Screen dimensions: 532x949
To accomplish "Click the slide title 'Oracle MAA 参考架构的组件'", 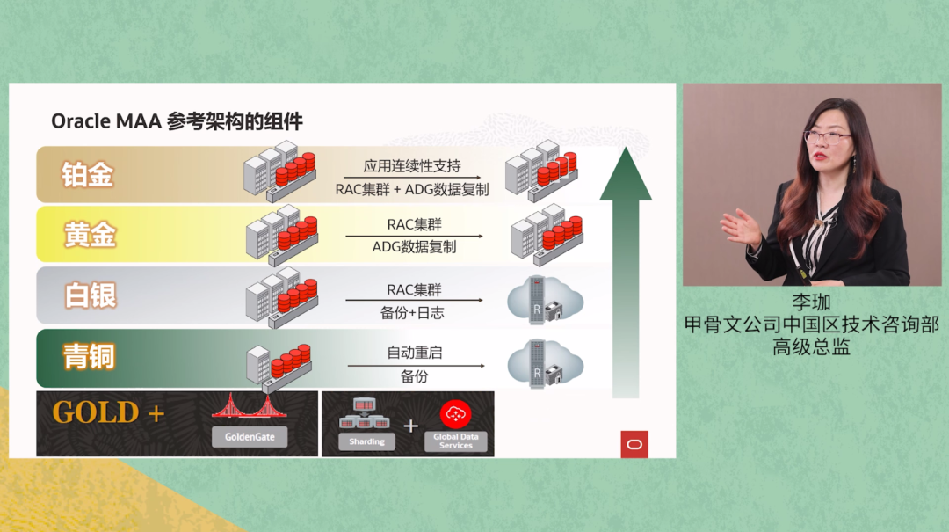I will (x=177, y=121).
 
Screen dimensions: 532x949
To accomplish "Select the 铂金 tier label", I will (x=88, y=174).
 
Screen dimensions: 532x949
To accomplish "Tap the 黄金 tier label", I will (x=90, y=235).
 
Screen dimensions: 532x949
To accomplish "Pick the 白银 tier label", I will (x=90, y=295).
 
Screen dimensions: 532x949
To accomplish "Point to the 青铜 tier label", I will (x=89, y=357).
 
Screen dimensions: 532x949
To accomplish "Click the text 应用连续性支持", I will (x=412, y=166).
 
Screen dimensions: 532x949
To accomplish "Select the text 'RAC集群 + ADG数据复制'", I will (x=412, y=188).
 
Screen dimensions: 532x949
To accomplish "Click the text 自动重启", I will (x=414, y=353).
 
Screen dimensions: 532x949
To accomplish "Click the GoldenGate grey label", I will (x=250, y=436).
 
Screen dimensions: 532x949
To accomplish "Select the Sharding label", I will (x=366, y=441).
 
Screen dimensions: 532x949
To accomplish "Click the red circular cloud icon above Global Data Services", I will (x=455, y=413).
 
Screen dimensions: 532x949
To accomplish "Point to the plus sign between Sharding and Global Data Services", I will (x=409, y=426).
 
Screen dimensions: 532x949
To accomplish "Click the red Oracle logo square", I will (x=634, y=445).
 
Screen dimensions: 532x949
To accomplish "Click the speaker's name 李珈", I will (x=811, y=302).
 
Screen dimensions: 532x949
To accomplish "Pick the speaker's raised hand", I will (x=740, y=227).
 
